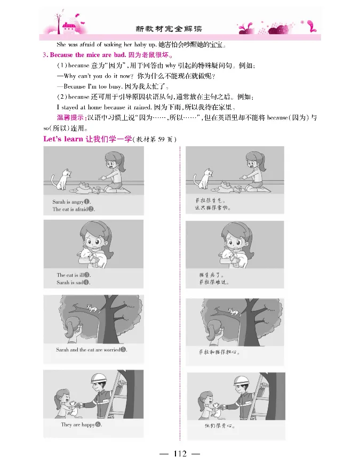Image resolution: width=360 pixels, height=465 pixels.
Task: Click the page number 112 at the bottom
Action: point(179,454)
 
